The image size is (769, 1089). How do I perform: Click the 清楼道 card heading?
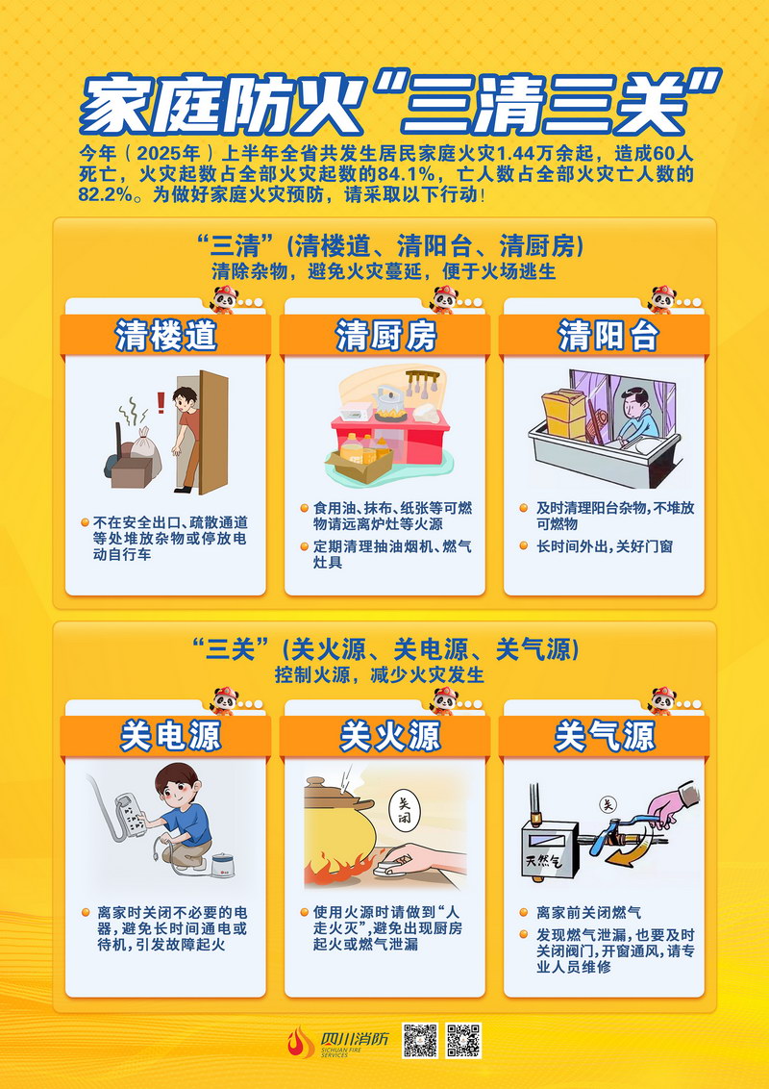(166, 336)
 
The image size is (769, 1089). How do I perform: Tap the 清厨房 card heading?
(385, 336)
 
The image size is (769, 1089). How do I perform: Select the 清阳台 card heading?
(608, 336)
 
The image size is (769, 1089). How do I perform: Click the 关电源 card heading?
(170, 736)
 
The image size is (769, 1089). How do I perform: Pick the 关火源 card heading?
(389, 736)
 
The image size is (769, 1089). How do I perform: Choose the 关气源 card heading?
(605, 736)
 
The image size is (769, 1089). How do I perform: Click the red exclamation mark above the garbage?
(161, 401)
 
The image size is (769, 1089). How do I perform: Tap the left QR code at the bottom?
(420, 1040)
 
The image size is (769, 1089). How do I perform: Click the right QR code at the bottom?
(463, 1040)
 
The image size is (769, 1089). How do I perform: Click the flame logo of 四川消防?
(301, 1043)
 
